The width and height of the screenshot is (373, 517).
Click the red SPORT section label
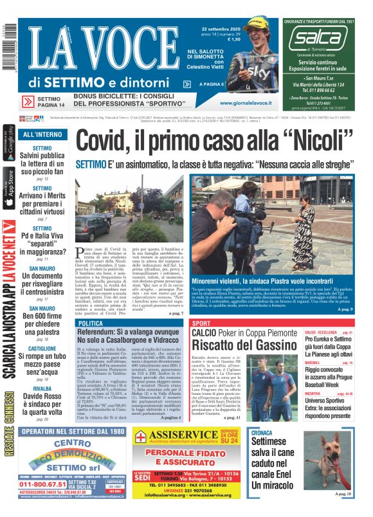coord(201,323)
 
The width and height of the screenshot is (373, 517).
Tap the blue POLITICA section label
coord(94,323)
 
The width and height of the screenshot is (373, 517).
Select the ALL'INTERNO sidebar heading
coord(41,134)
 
